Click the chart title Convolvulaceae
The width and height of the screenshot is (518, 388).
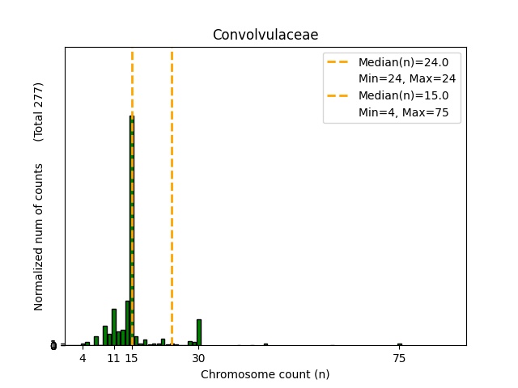(x=265, y=36)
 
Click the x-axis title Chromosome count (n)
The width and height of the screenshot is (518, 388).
(x=265, y=374)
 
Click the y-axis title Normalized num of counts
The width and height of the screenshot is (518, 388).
(x=39, y=237)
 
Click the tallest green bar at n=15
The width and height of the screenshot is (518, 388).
(x=131, y=234)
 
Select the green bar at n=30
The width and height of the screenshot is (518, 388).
(x=198, y=332)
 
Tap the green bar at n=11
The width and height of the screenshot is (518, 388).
(x=113, y=327)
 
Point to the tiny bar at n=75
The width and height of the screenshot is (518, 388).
(x=399, y=344)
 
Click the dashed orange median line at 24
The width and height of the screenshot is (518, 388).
(x=172, y=202)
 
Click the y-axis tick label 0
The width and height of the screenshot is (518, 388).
(x=53, y=346)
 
